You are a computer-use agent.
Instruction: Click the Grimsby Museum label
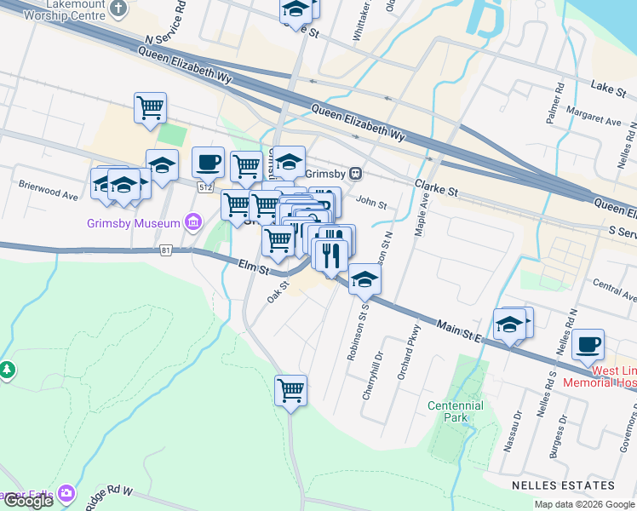[134, 224]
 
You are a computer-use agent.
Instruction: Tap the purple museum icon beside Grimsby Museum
[194, 224]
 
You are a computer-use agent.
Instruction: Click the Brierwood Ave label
[48, 190]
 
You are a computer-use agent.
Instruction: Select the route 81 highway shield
[166, 250]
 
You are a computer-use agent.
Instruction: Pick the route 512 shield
[205, 187]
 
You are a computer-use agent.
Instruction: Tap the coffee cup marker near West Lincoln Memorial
[588, 345]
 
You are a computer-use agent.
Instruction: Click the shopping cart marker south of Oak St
[290, 390]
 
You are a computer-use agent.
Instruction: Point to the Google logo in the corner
[28, 501]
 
